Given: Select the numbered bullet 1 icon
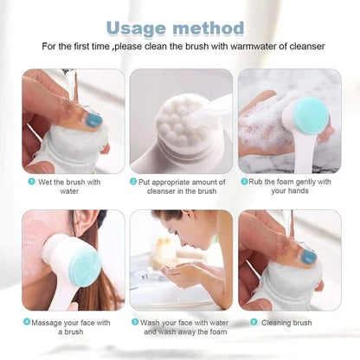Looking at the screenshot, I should tap(31, 182).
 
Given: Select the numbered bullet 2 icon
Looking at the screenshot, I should tap(134, 182).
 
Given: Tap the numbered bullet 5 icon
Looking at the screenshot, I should tap(134, 321).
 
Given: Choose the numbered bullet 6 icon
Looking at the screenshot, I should tap(254, 321).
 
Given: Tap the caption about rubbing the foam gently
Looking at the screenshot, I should tap(291, 187).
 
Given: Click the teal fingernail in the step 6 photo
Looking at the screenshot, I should tap(308, 257).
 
